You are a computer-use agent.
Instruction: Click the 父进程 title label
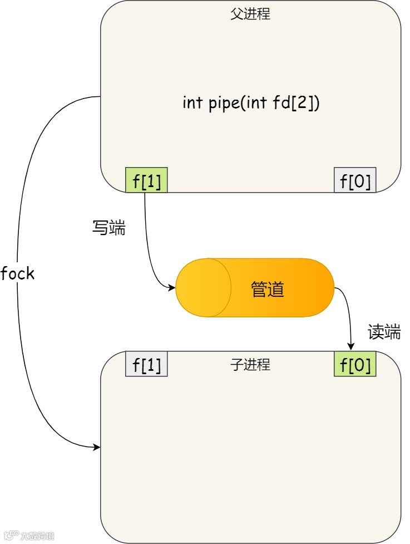(250, 14)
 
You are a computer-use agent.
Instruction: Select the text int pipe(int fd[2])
(251, 103)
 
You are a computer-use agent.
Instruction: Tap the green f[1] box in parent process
(147, 180)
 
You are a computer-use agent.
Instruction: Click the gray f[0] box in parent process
(355, 180)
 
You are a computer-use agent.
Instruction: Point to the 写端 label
(108, 227)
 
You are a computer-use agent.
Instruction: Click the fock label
(18, 273)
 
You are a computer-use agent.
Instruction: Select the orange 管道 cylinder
(255, 288)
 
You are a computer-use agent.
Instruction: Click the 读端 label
(384, 332)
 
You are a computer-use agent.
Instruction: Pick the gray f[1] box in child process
(147, 364)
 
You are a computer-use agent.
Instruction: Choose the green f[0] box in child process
(355, 364)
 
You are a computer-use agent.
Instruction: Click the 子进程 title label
(250, 365)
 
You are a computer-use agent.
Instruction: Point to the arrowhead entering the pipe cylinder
(171, 287)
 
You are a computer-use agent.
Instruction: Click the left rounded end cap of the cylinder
(204, 288)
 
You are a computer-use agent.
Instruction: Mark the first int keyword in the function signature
(192, 103)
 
